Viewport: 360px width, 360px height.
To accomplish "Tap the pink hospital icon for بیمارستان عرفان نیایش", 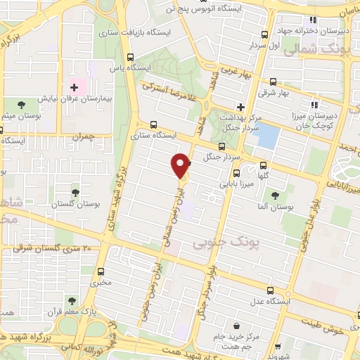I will point(74,87).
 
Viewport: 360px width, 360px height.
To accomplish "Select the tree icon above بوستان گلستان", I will point(75,191).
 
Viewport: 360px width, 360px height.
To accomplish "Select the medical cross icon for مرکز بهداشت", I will point(240,108).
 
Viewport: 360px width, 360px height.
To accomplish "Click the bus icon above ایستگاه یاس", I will point(130,58).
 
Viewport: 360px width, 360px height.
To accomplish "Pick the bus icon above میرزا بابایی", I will point(236,172).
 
